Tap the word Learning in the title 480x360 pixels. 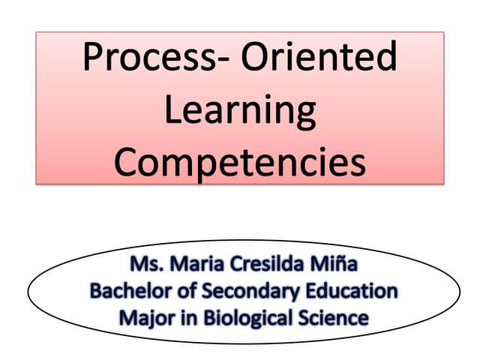click(x=240, y=110)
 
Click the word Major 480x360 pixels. click(x=142, y=317)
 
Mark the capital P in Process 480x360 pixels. click(x=94, y=58)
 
